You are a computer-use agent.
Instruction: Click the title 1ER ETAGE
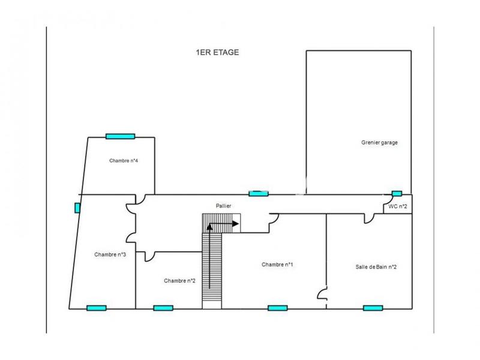click(x=217, y=52)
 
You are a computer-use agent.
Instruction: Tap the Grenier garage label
click(x=379, y=143)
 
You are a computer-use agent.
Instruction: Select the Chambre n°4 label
click(x=124, y=161)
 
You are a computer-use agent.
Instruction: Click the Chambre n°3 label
click(x=110, y=254)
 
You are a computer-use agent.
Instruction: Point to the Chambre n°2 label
click(x=180, y=280)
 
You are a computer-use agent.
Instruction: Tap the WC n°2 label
click(x=398, y=206)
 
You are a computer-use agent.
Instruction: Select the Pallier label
click(x=224, y=206)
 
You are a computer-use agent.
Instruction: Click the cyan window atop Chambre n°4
click(x=120, y=136)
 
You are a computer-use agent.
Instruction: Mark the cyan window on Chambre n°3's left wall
click(x=77, y=208)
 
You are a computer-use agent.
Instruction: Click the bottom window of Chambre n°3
click(x=96, y=308)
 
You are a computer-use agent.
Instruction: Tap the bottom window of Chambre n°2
click(x=163, y=308)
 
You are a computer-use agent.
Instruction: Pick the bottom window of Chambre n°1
click(x=277, y=308)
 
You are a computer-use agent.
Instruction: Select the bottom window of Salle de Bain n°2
click(x=373, y=308)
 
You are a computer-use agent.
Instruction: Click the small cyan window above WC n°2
click(x=397, y=193)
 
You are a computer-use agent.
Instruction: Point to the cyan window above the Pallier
click(x=259, y=193)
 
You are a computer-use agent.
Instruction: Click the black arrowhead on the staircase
click(x=235, y=224)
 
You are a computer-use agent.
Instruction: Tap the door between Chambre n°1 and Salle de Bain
click(x=323, y=294)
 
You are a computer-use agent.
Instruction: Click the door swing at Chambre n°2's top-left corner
click(x=149, y=256)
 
